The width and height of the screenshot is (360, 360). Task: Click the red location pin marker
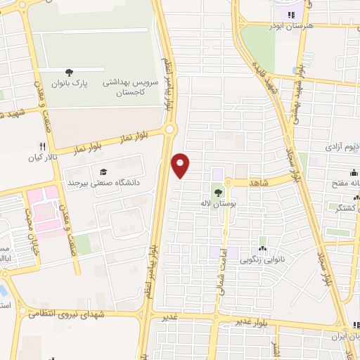click(x=181, y=165)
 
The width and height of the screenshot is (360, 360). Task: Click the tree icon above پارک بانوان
click(x=69, y=72)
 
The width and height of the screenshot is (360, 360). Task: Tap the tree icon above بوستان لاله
click(x=218, y=192)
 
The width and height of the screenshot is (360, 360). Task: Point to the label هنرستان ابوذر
click(x=288, y=26)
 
